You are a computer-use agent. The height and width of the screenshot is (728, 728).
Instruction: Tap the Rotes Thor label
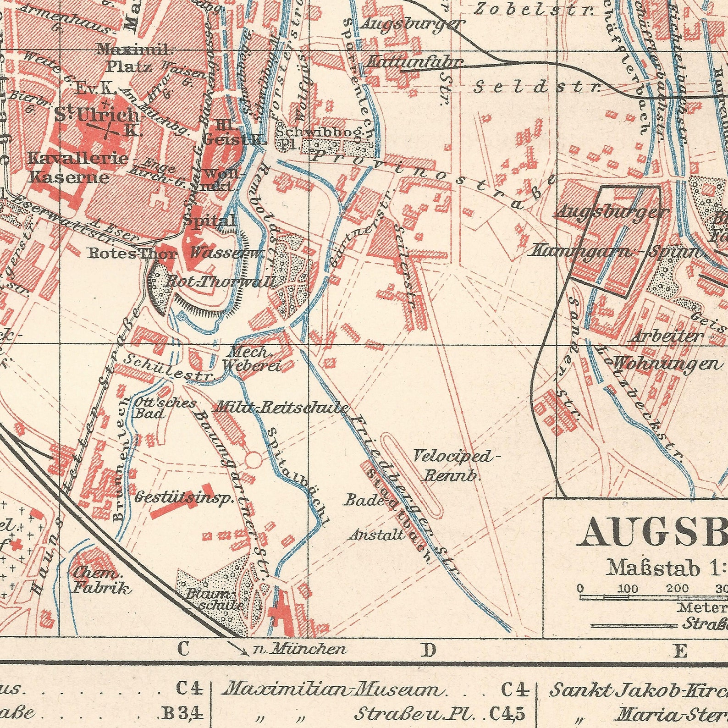[x=132, y=254]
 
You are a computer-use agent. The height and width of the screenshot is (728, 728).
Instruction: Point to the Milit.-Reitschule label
[x=281, y=407]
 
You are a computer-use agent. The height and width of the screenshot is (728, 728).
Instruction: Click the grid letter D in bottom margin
[x=428, y=650]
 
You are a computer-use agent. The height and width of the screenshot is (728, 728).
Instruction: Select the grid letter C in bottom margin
[x=182, y=649]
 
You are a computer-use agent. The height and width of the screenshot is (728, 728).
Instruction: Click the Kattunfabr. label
[x=415, y=61]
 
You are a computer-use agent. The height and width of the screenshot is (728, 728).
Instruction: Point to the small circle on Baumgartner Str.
[x=254, y=458]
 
